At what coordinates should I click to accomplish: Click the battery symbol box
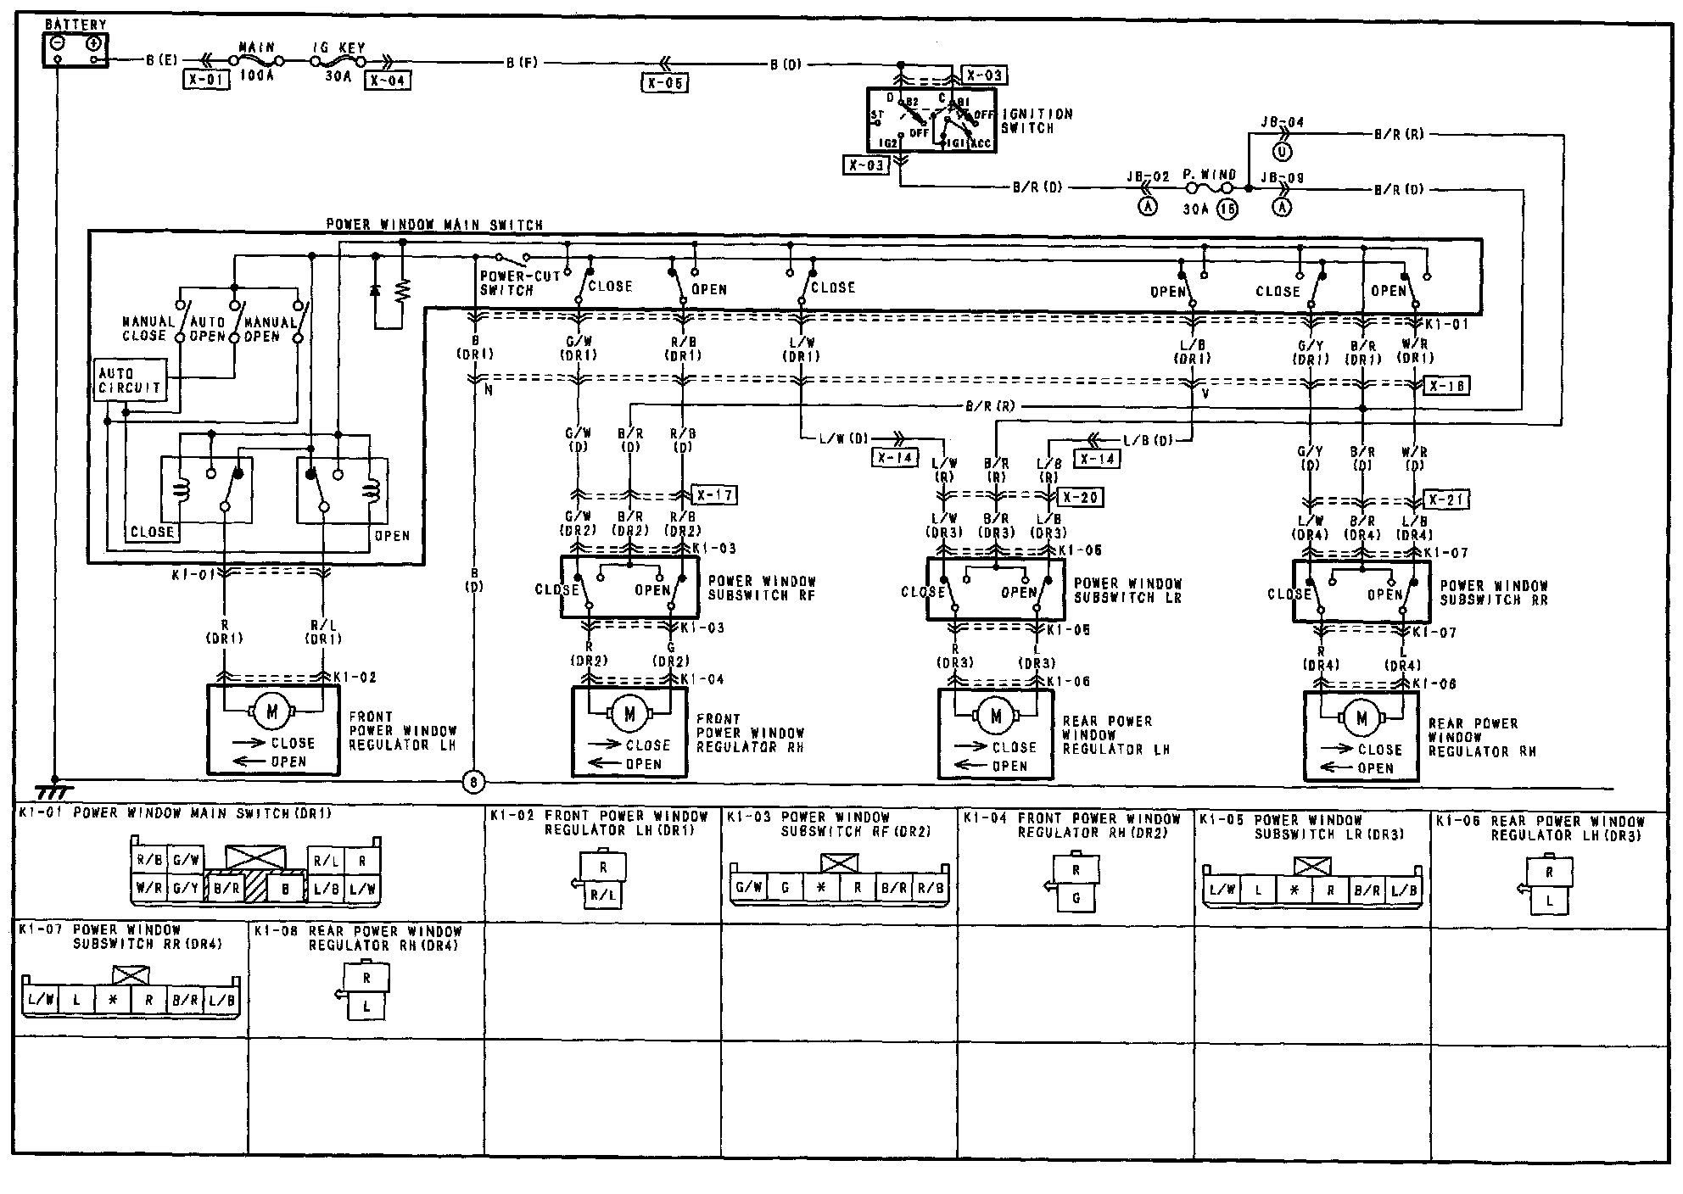tap(75, 49)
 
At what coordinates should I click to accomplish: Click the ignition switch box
tap(931, 120)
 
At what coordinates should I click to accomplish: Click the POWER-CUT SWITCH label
tap(507, 283)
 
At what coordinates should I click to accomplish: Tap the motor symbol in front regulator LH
tap(272, 712)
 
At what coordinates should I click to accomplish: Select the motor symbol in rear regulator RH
tap(1362, 718)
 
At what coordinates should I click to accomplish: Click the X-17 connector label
tap(714, 495)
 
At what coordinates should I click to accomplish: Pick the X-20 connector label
tap(1080, 497)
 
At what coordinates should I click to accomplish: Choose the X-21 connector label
tap(1446, 499)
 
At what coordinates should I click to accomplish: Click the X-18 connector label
tap(1446, 386)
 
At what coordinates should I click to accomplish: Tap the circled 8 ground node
tap(472, 781)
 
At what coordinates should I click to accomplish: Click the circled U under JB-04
tap(1283, 152)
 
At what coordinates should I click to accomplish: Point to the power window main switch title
tap(434, 225)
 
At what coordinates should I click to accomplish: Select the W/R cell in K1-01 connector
tap(149, 889)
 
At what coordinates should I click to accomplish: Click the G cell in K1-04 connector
tap(1076, 897)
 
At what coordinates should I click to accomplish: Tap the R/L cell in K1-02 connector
tap(602, 894)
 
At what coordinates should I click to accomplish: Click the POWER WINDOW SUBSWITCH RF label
tap(761, 588)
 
